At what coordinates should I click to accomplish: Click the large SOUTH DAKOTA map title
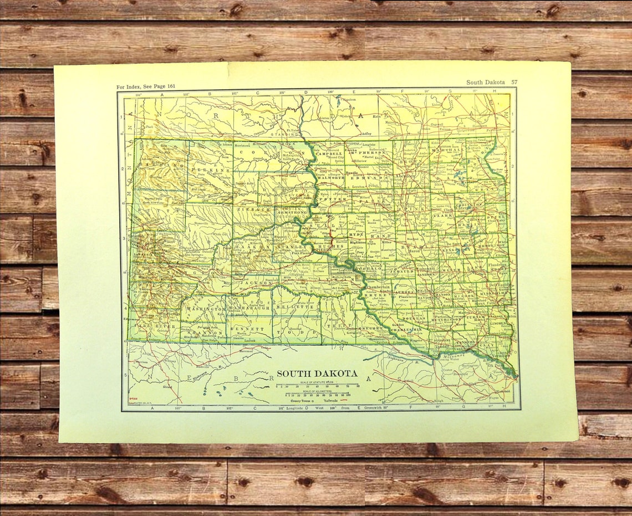(317, 374)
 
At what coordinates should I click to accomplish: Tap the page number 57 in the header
(514, 82)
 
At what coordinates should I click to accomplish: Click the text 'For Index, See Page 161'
(146, 87)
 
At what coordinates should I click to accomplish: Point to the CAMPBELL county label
(329, 153)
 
